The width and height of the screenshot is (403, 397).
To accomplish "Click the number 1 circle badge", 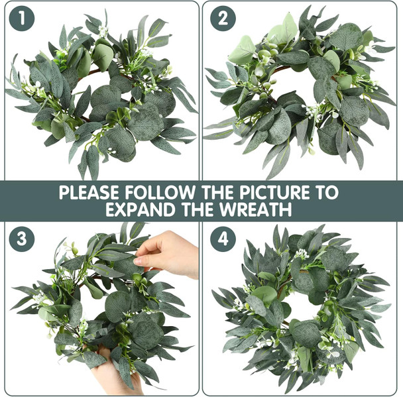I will pyautogui.click(x=22, y=19).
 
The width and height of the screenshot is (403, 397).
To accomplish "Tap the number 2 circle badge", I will pyautogui.click(x=223, y=19).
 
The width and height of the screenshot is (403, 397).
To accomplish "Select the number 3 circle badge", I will pyautogui.click(x=22, y=239).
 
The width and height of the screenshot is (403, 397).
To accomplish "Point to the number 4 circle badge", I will pyautogui.click(x=223, y=239).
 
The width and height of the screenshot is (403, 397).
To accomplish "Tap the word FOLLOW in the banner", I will pyautogui.click(x=159, y=193).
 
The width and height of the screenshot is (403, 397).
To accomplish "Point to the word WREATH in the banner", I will pyautogui.click(x=260, y=210).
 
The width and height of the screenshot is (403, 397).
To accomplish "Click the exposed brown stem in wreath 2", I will pyautogui.click(x=281, y=68).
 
